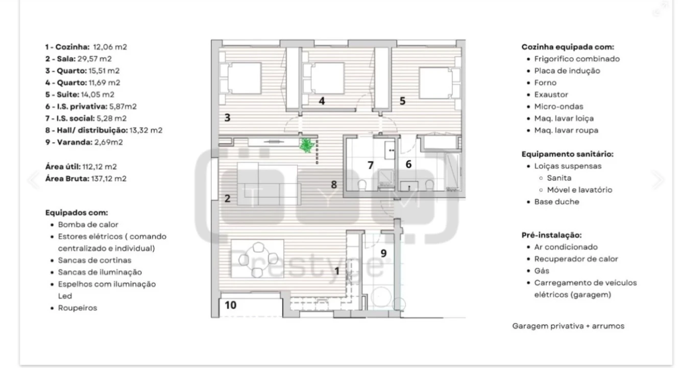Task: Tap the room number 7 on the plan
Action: [x=371, y=165]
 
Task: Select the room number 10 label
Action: [x=230, y=305]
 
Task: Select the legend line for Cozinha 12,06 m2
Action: [x=86, y=47]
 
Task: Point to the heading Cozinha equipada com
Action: [x=567, y=47]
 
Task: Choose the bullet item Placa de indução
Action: [x=567, y=71]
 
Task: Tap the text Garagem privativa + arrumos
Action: [x=568, y=326]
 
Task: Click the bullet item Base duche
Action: [x=556, y=201]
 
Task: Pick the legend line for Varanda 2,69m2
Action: [x=84, y=142]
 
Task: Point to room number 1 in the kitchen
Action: [x=336, y=272]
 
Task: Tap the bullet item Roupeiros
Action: [x=77, y=308]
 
